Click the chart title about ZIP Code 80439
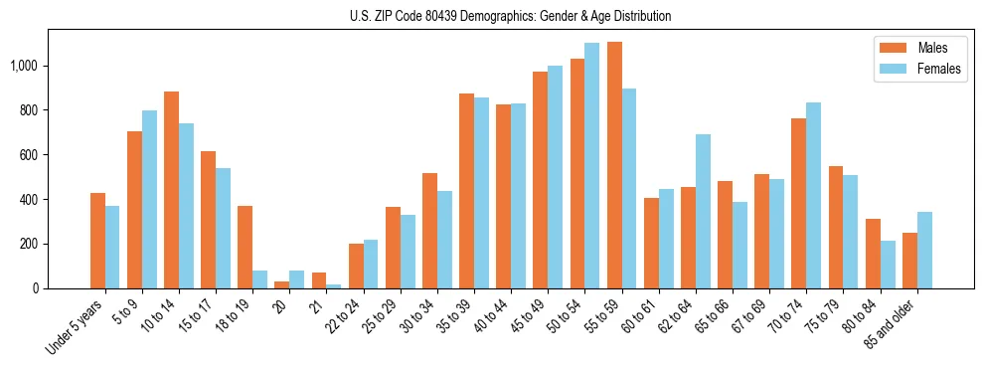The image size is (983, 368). pyautogui.click(x=510, y=16)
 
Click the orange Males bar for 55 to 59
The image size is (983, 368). pyautogui.click(x=614, y=165)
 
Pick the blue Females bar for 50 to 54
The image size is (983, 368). pyautogui.click(x=592, y=165)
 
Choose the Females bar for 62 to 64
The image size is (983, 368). pyautogui.click(x=703, y=211)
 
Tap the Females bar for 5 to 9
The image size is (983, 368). pyautogui.click(x=149, y=199)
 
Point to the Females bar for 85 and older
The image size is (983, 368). pyautogui.click(x=924, y=250)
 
